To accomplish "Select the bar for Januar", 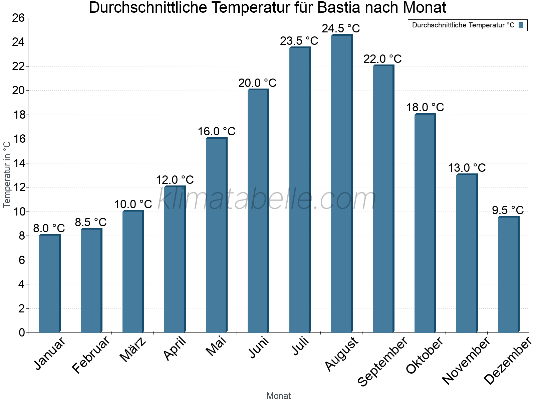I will (x=49, y=284).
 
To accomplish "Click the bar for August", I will (x=341, y=184).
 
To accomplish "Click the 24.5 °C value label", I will (x=341, y=29).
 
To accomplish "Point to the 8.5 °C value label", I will (x=90, y=222).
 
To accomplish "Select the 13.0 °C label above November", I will (x=467, y=168).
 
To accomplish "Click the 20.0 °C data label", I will (x=257, y=83).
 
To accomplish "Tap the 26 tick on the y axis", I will (x=18, y=18).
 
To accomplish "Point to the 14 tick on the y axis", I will (x=18, y=163).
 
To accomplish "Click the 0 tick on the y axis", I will (x=22, y=332).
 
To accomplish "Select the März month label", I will (x=133, y=350).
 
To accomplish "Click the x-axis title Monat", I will (x=278, y=396).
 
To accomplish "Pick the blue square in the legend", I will (x=521, y=25).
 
